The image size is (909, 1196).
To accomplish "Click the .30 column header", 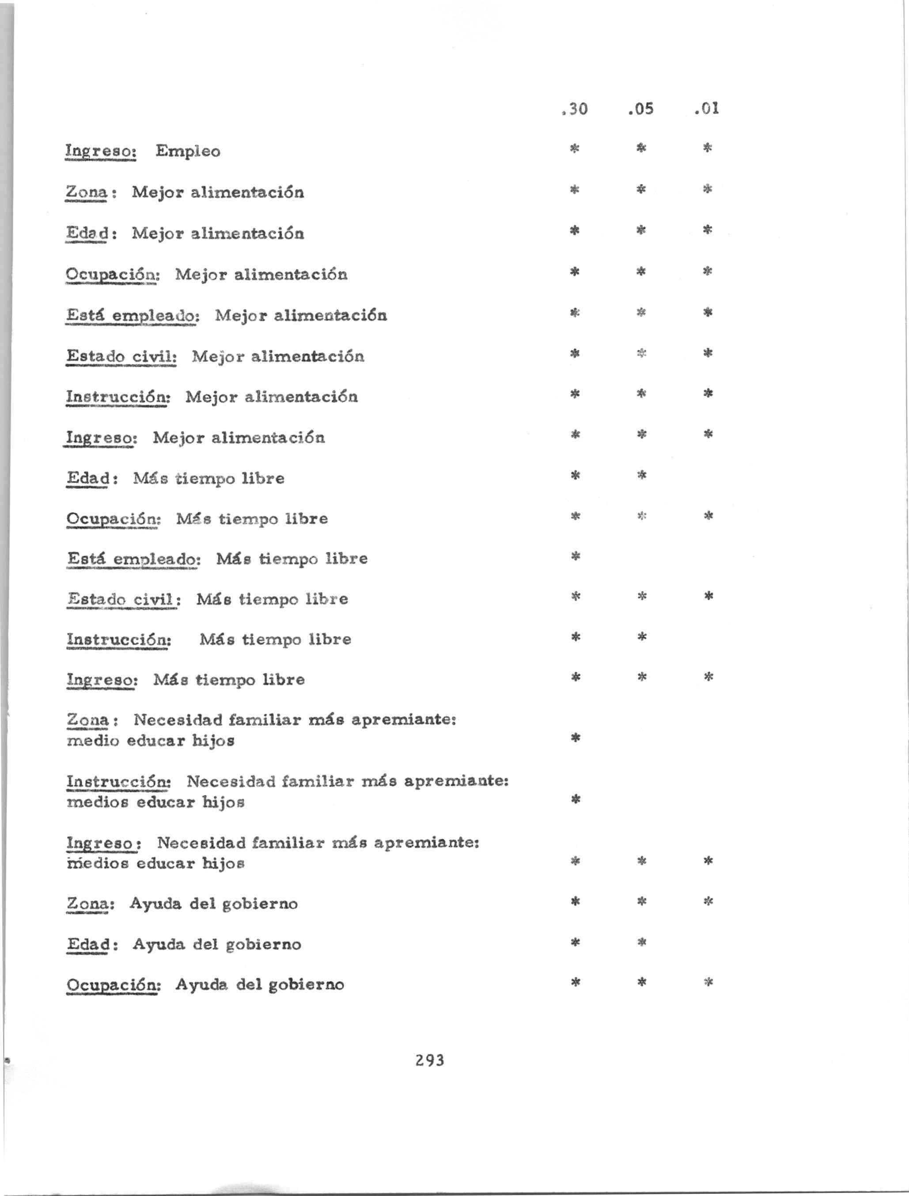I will pos(575,109).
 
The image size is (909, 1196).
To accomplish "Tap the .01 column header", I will pos(707,109).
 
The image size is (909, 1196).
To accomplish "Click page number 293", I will pos(430,1060).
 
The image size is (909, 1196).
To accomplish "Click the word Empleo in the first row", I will pos(188,151).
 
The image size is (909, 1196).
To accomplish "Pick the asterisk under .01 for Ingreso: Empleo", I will pos(707,148).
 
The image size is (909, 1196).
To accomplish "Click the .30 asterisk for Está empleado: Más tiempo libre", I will pos(576,556).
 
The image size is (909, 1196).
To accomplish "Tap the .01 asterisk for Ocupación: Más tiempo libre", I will pos(708,515).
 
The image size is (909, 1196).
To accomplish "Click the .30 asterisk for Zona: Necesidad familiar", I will pos(576,737).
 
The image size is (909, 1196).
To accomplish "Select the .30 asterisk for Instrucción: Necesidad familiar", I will pos(576,799).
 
